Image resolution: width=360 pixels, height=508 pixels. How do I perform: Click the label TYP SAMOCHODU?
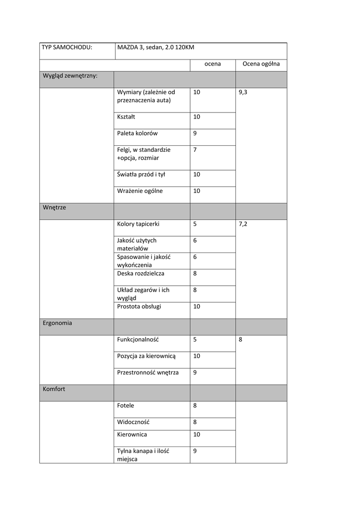click(67, 48)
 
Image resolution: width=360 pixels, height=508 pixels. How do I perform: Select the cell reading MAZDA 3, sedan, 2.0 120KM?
click(155, 48)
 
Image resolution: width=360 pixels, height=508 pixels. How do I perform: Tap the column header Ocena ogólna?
click(261, 64)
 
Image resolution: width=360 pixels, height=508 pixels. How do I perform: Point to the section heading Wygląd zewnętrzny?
click(70, 76)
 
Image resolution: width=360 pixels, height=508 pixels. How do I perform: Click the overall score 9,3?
click(243, 92)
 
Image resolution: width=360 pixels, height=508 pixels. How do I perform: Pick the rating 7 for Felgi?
click(195, 149)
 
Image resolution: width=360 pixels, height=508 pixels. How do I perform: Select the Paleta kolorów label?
click(138, 133)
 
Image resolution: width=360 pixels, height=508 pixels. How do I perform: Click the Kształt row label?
click(126, 117)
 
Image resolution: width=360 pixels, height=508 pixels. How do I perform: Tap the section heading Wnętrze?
click(54, 207)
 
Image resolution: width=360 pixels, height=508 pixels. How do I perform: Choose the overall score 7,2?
click(243, 224)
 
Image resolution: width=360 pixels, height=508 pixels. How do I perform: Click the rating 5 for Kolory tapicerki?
click(195, 224)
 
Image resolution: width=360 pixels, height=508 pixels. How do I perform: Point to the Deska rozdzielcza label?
click(141, 273)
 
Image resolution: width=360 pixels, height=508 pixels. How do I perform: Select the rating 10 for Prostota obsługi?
click(197, 307)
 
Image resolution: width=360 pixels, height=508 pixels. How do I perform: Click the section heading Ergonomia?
click(57, 323)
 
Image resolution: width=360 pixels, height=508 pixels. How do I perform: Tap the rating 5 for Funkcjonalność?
click(195, 340)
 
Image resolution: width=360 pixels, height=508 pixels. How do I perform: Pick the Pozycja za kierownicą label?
click(146, 356)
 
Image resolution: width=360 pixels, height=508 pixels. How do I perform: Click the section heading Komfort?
click(54, 389)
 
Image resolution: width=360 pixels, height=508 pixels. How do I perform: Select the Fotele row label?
click(126, 406)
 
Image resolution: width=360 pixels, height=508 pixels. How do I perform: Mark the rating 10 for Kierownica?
click(197, 435)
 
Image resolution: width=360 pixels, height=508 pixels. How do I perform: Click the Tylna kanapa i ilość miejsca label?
click(143, 455)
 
